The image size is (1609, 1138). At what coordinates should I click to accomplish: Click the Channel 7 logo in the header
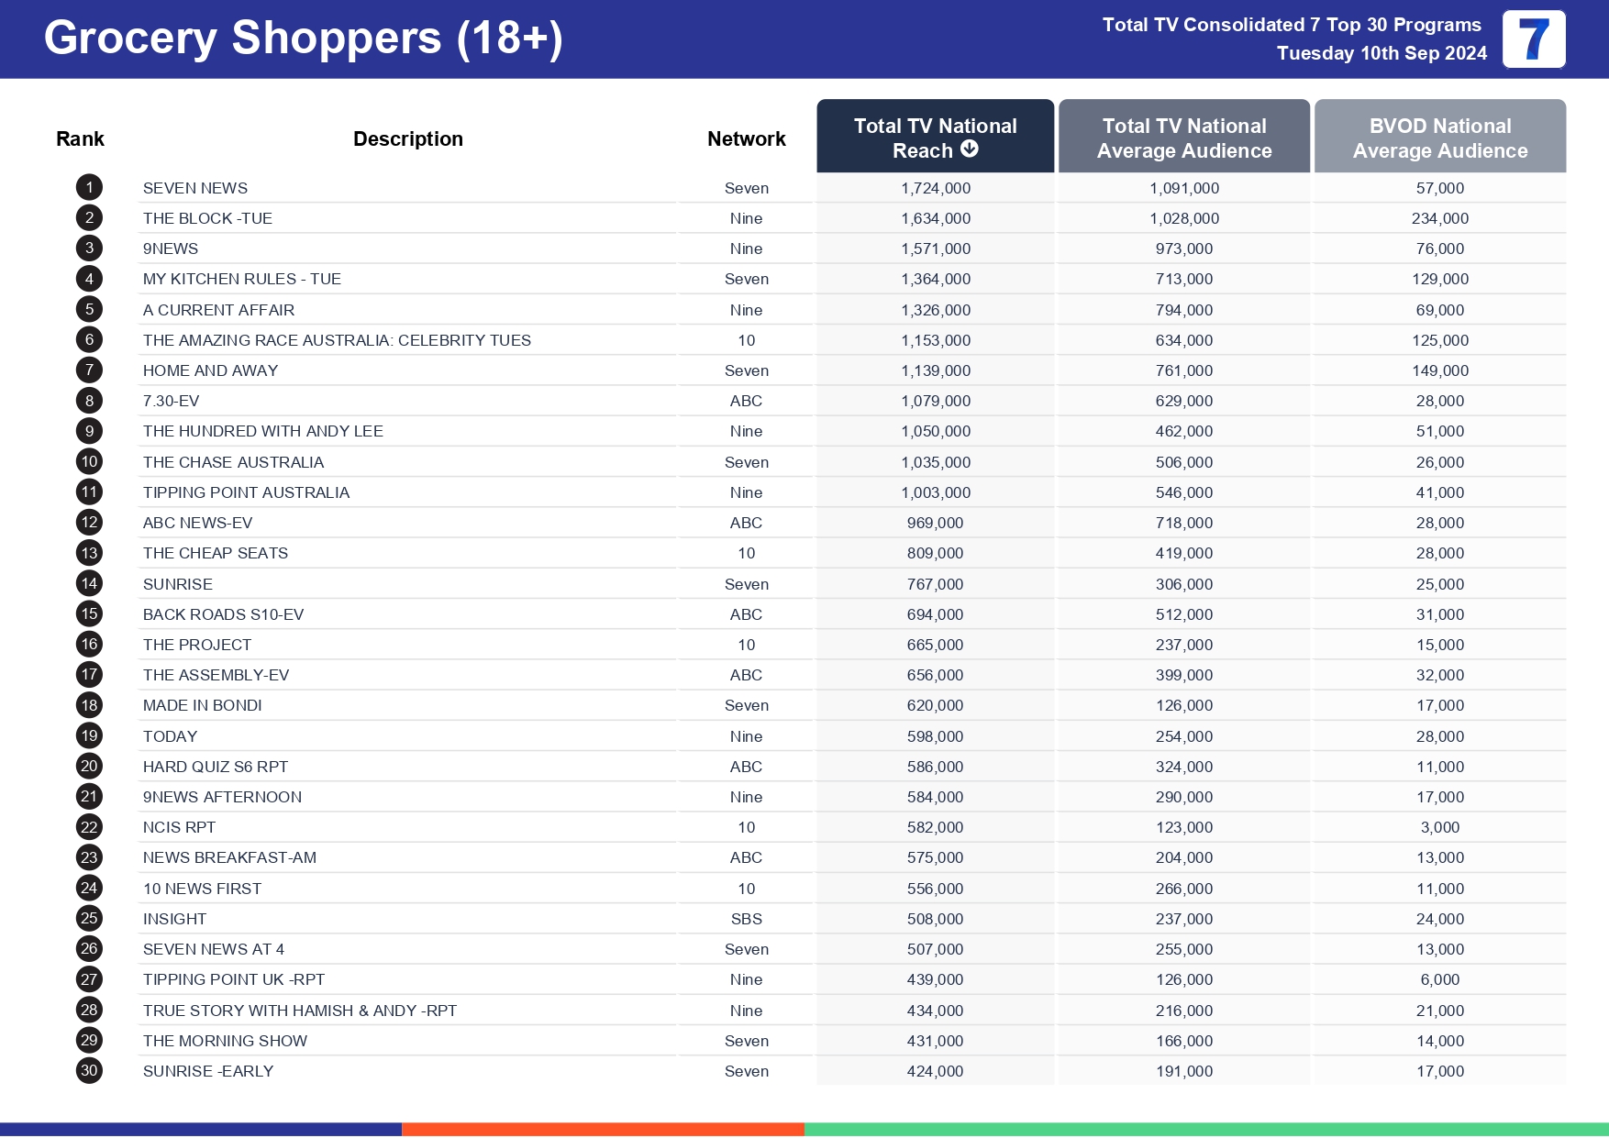coord(1533,39)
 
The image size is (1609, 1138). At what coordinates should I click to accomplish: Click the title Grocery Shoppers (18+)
coord(303,39)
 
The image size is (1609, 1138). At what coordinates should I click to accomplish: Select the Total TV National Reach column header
coord(935,137)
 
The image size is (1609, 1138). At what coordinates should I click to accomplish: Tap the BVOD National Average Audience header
coord(1439,138)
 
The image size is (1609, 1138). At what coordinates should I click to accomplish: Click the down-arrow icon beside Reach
coord(970,149)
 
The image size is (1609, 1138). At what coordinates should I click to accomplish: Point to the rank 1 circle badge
coord(89,188)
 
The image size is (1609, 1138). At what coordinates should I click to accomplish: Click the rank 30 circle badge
coord(89,1071)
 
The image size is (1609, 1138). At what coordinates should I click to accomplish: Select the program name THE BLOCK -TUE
coord(207,218)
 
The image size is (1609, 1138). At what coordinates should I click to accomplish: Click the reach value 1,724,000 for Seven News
coord(935,188)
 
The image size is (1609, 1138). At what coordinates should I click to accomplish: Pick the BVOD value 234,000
coord(1439,218)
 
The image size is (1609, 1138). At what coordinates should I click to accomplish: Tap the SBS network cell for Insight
coord(746,919)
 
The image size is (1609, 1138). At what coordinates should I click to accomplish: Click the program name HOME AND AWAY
coord(210,370)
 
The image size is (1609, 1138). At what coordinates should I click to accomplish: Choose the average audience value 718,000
coord(1183,523)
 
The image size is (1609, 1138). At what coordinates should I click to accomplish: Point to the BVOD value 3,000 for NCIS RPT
coord(1439,827)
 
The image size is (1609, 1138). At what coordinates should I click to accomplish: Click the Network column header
coord(746,138)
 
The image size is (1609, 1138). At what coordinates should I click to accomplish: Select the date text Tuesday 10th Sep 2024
coord(1382,53)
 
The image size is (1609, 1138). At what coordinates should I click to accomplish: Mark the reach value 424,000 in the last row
coord(935,1071)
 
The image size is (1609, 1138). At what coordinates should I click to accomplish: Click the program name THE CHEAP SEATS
coord(216,553)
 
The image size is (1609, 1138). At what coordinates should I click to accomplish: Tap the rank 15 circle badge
coord(89,614)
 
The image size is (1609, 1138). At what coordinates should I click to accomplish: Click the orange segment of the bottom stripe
coord(603,1129)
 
